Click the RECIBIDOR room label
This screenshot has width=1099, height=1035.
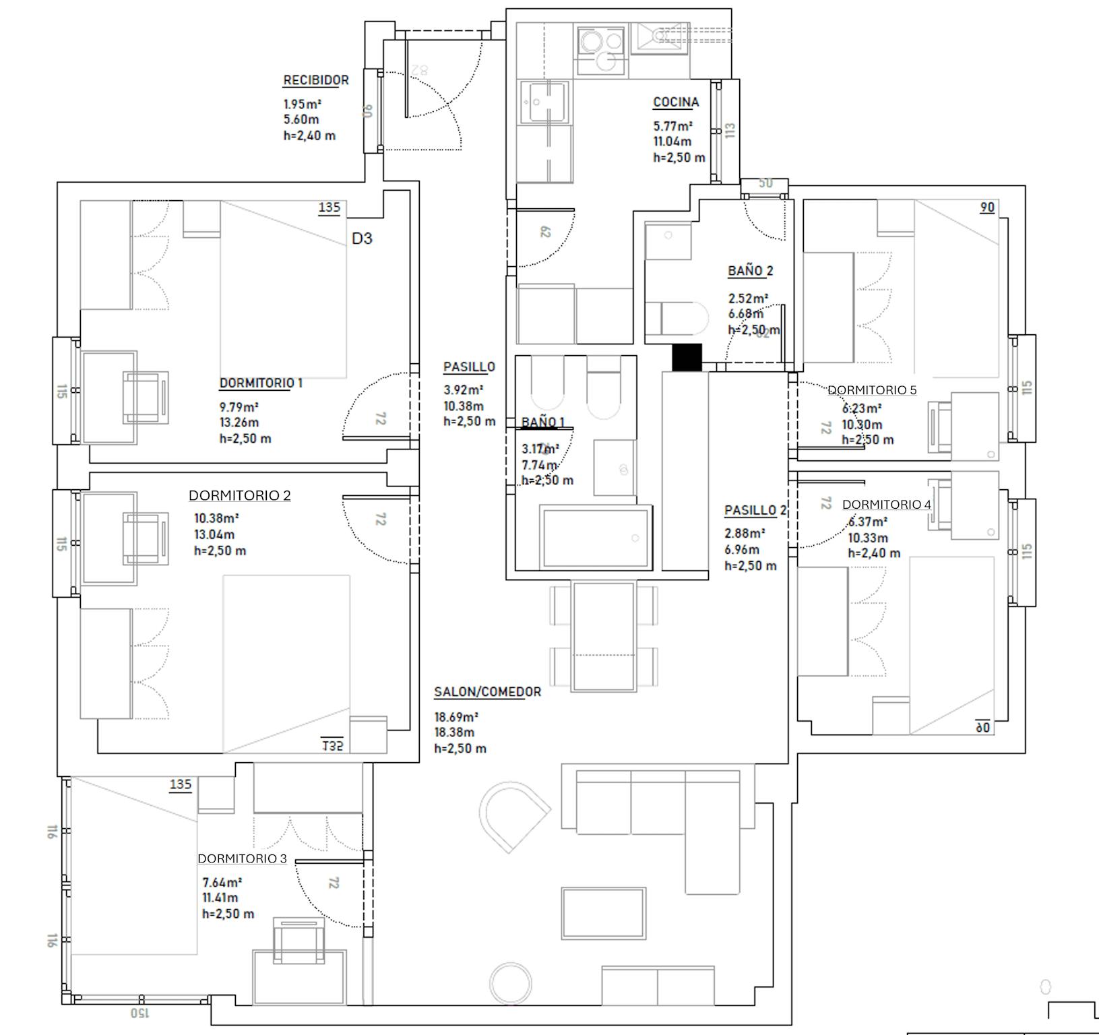point(315,80)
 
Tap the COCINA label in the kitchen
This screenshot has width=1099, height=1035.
point(676,102)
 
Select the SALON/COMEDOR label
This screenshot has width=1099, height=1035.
point(487,692)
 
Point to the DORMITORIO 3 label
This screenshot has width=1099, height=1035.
point(242,858)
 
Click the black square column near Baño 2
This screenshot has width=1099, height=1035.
point(687,357)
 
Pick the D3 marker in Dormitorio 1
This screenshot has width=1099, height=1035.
point(362,239)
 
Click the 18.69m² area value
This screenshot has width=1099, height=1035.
point(456,717)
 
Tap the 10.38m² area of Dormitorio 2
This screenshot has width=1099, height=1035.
point(216,518)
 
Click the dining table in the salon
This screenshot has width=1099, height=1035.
point(604,636)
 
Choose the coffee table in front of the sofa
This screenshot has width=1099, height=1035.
point(604,913)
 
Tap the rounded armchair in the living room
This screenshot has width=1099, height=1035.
point(513,814)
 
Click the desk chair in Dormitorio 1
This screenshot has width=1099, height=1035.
point(144,398)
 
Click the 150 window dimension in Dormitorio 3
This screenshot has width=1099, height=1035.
point(139,1012)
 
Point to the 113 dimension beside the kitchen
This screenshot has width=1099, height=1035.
point(730,130)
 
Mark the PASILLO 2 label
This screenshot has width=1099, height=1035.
point(755,511)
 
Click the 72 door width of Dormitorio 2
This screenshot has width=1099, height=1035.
point(380,520)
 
